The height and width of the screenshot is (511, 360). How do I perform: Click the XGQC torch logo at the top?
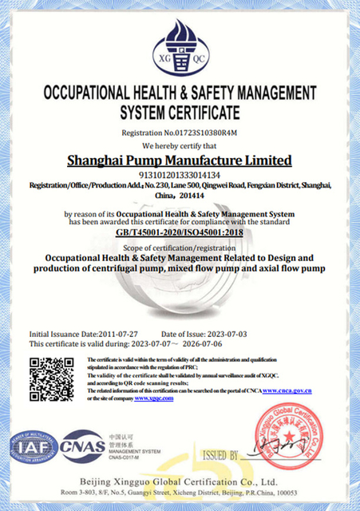[x=180, y=43]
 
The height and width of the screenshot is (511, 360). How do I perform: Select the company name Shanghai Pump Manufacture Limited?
[x=180, y=160]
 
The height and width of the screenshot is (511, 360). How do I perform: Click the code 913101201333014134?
[x=180, y=174]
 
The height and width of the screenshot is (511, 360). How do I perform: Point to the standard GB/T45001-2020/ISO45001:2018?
[x=180, y=232]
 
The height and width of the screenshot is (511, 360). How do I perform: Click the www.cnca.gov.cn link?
[x=287, y=390]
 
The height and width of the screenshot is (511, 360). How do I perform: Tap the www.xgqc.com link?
[x=153, y=398]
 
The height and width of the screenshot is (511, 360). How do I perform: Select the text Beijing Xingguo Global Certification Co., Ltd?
[x=180, y=482]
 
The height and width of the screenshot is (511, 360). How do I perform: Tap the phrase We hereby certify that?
[x=180, y=146]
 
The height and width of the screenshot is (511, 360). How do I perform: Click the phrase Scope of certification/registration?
[x=180, y=248]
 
